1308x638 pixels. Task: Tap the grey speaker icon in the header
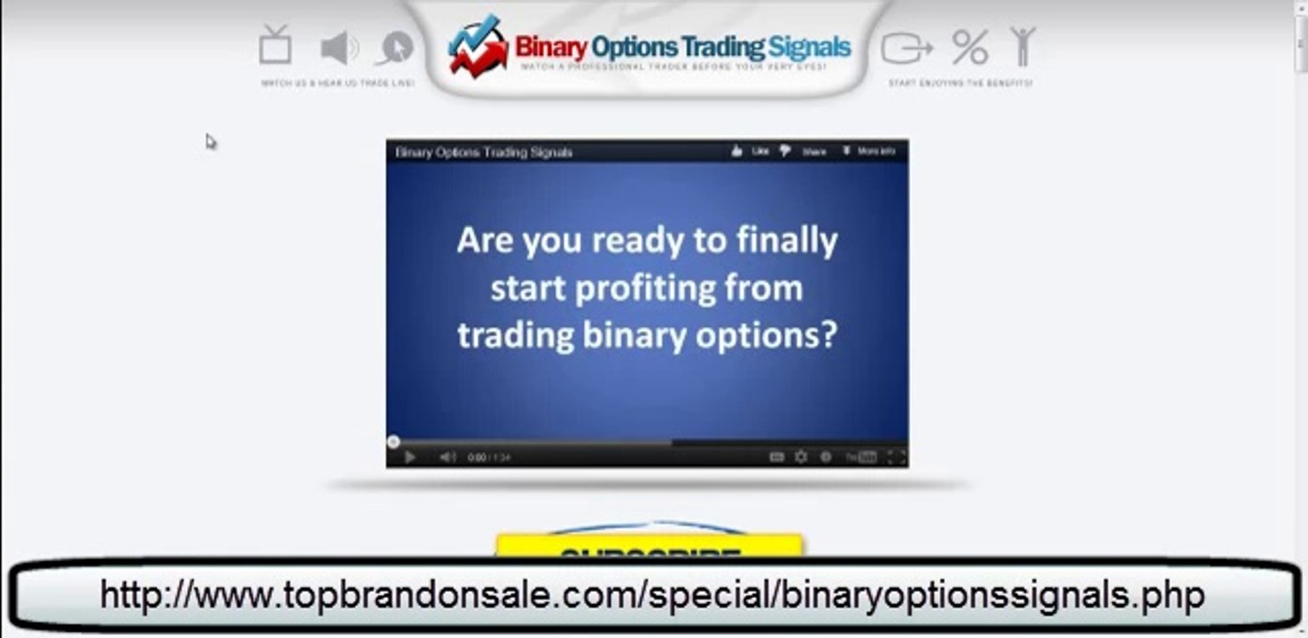point(339,48)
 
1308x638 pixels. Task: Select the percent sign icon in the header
point(969,48)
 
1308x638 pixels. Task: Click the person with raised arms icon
point(1023,46)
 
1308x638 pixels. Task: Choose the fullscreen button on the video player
point(895,457)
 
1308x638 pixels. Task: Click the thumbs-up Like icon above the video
point(736,152)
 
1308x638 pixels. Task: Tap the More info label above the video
point(876,152)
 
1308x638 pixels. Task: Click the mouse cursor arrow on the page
point(210,141)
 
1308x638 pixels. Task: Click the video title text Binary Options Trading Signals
point(484,152)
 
